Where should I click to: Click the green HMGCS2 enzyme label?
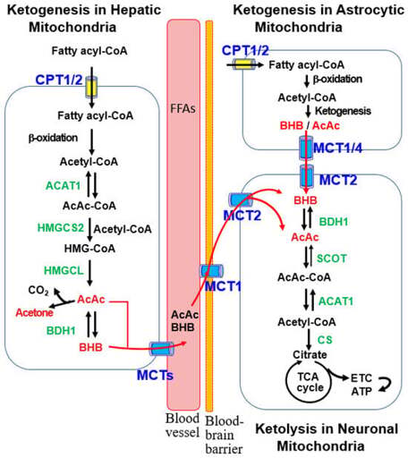(x=61, y=228)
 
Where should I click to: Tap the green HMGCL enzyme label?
(x=64, y=270)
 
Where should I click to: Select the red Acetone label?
(x=34, y=313)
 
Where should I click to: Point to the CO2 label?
(x=38, y=290)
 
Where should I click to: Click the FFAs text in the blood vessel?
(x=183, y=108)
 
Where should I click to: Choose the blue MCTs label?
(x=155, y=375)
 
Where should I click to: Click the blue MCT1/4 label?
(x=338, y=148)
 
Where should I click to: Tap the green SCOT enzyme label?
(x=332, y=259)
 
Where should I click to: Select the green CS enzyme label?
(x=325, y=340)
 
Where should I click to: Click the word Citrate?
(x=310, y=354)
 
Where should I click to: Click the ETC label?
(x=361, y=378)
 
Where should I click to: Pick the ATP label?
(x=361, y=391)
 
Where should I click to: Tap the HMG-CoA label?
(x=89, y=249)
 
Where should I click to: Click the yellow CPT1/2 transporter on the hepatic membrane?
(x=91, y=87)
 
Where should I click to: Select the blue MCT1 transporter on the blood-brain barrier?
(x=211, y=271)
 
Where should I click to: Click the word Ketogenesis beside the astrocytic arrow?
(x=343, y=111)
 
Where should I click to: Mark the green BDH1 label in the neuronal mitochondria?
(x=334, y=222)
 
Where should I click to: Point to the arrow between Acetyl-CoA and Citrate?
(x=309, y=339)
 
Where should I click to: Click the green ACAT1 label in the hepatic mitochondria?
(x=63, y=186)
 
